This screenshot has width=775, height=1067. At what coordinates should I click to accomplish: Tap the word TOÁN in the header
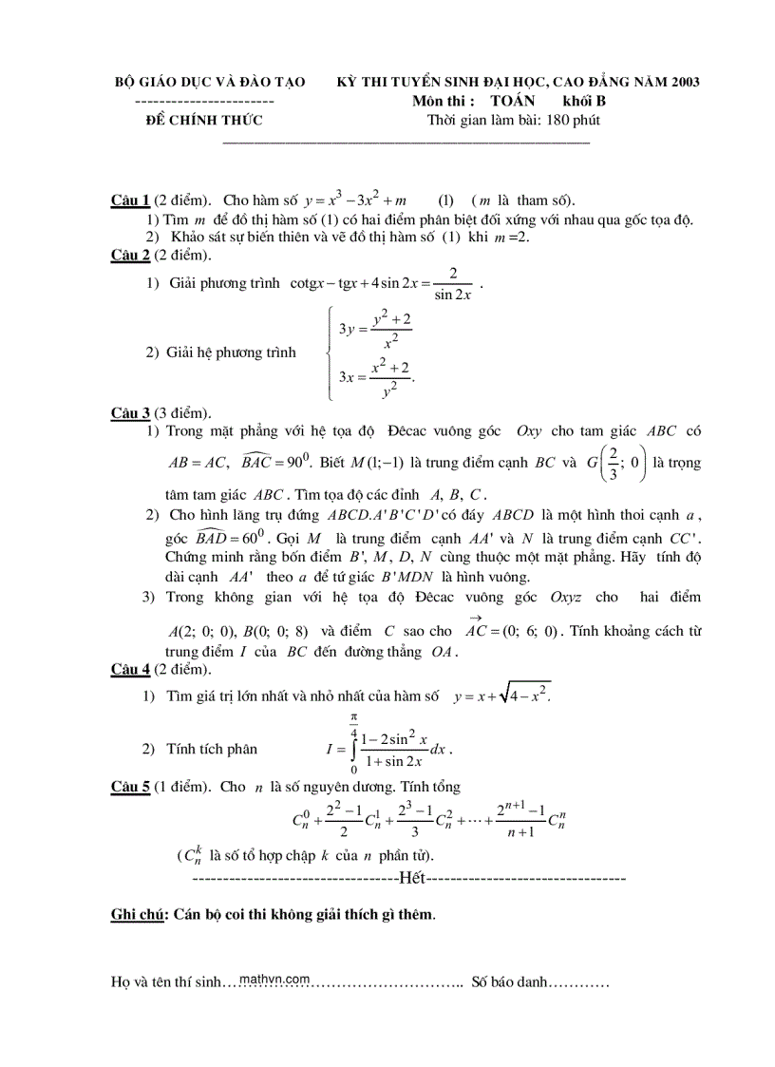(x=513, y=101)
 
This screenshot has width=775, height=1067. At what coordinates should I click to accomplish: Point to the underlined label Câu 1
(x=130, y=200)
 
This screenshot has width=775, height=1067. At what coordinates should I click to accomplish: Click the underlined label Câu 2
(x=130, y=255)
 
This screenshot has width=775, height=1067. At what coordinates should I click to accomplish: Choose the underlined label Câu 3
(x=130, y=412)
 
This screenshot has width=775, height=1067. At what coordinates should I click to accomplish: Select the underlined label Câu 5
(x=130, y=787)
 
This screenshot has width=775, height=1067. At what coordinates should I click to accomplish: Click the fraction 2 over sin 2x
(x=454, y=283)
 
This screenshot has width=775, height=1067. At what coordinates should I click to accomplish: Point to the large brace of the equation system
(x=330, y=352)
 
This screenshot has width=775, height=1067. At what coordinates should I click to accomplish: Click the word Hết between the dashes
(x=415, y=877)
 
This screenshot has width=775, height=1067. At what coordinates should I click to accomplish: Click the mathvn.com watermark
(x=275, y=979)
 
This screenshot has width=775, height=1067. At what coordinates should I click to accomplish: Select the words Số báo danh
(x=509, y=982)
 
